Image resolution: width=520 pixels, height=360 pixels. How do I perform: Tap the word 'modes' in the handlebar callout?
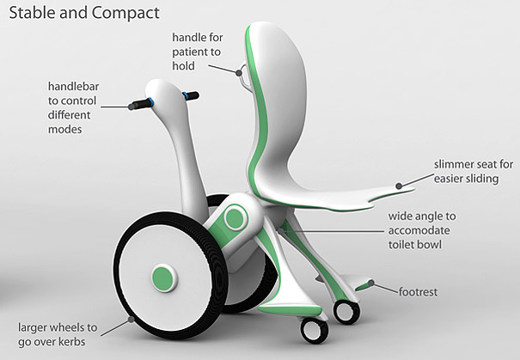coord(67,130)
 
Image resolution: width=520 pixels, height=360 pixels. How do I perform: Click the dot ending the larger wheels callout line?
coord(132,318)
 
